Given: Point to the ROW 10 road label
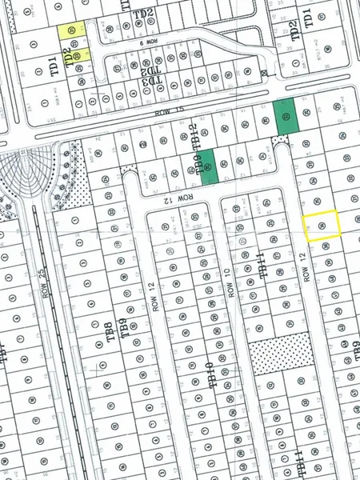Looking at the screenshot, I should pos(229,283).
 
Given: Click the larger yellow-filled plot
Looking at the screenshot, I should pos(72,32).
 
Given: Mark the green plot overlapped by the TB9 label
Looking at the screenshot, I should pos(208,167).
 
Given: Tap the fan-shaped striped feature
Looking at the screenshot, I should pos(24,172).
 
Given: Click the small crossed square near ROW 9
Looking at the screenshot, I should pos(265,74).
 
